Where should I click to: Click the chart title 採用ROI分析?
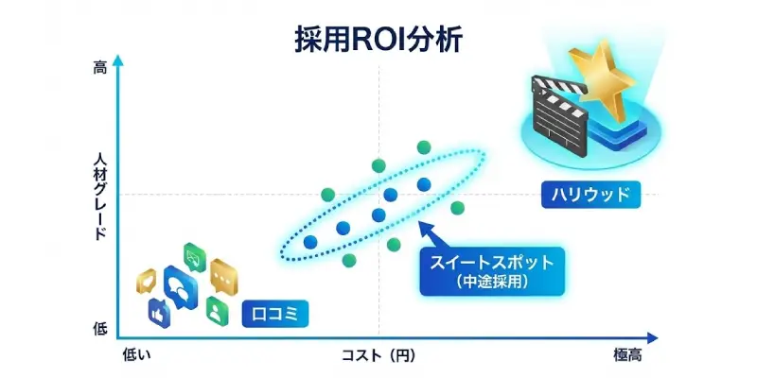[x=378, y=42]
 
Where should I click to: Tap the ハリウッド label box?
[x=590, y=196]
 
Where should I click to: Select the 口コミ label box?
[x=275, y=312]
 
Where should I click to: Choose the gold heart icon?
[x=148, y=281]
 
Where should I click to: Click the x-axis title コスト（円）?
[x=378, y=355]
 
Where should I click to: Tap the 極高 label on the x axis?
[x=627, y=355]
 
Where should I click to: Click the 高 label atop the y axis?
[x=100, y=67]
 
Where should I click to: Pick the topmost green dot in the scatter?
[x=424, y=146]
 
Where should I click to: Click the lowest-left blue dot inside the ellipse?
[x=310, y=242]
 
